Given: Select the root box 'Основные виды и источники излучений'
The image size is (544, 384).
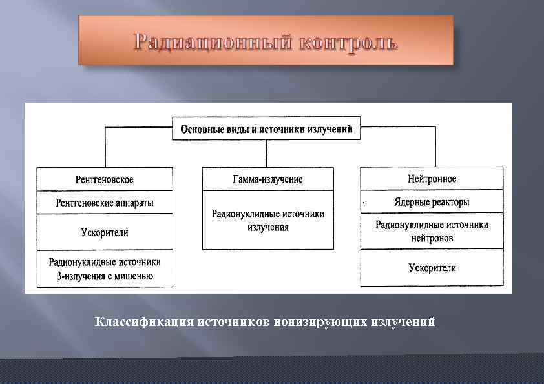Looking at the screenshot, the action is click(x=266, y=129).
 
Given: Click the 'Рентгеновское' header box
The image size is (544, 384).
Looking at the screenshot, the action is click(x=105, y=179).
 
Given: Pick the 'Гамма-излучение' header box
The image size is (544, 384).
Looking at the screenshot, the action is click(x=267, y=179).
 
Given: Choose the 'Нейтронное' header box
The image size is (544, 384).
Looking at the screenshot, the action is click(x=432, y=179).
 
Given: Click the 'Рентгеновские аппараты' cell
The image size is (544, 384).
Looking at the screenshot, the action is click(x=105, y=203).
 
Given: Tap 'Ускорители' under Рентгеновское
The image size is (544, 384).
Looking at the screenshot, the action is click(x=105, y=232).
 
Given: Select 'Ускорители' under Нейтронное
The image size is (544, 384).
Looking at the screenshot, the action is click(x=432, y=268).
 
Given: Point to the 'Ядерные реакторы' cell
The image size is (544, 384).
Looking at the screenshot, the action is click(x=432, y=202).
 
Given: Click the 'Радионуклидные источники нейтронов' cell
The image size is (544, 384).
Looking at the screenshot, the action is click(x=432, y=231).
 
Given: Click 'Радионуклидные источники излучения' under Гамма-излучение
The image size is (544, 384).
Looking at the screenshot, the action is click(x=267, y=220).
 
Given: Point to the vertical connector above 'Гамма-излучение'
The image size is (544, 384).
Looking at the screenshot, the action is click(x=266, y=154).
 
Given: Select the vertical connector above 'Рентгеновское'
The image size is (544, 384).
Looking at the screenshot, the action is click(x=105, y=147).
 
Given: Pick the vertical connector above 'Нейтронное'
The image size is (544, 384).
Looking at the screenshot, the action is click(x=435, y=147).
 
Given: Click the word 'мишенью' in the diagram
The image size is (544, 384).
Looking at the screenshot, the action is click(x=134, y=277).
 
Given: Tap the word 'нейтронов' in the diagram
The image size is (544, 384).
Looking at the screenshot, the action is click(x=432, y=238).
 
